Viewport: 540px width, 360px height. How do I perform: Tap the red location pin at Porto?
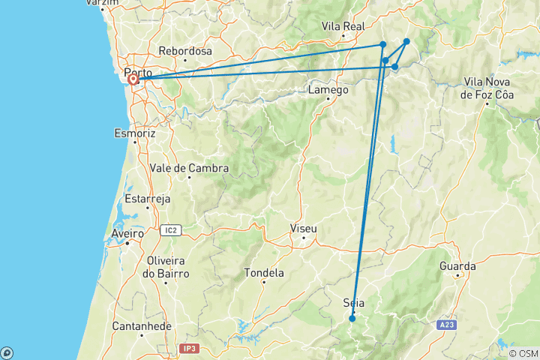[x=133, y=79]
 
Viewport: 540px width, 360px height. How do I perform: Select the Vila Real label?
[x=342, y=26]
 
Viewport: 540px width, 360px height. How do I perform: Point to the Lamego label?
[x=328, y=90]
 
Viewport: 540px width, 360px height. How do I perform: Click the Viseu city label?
[x=304, y=229]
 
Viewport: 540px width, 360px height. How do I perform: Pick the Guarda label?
[x=457, y=266]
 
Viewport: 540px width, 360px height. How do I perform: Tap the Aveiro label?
[x=127, y=233]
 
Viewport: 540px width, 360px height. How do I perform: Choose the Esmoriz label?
[x=134, y=133]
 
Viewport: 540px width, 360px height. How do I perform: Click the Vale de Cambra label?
[x=189, y=168]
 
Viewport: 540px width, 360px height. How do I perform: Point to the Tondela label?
[x=264, y=273]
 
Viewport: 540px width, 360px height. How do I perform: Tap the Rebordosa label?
[x=185, y=52]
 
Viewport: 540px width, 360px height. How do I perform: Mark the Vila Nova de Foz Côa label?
[x=488, y=88]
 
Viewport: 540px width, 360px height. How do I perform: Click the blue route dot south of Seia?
[x=352, y=319]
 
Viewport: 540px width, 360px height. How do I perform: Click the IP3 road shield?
[x=189, y=349]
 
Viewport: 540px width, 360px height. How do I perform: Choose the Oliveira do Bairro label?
[x=168, y=267]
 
